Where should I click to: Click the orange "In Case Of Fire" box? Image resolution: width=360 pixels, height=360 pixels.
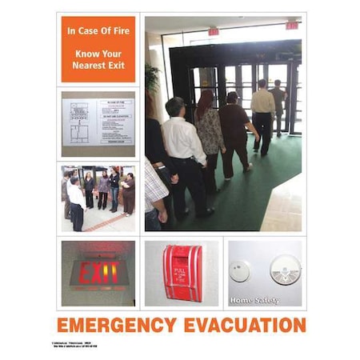pyautogui.click(x=98, y=49)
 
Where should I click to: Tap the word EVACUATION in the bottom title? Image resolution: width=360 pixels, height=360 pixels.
pyautogui.click(x=240, y=326)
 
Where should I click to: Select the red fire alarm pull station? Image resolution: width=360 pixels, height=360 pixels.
pyautogui.click(x=182, y=273)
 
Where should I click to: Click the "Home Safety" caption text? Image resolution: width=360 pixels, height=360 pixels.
pyautogui.click(x=254, y=300)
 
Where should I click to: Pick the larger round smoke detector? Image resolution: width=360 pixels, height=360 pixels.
pyautogui.click(x=284, y=269)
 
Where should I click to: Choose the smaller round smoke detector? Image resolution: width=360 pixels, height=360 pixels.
pyautogui.click(x=239, y=270)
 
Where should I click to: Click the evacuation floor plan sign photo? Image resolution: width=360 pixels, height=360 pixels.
pyautogui.click(x=98, y=122)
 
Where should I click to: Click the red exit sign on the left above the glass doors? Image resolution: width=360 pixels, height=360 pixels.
pyautogui.click(x=214, y=32)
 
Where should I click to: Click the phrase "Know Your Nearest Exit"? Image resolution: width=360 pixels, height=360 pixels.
pyautogui.click(x=98, y=59)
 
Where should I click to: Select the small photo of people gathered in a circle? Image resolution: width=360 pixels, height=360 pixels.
pyautogui.click(x=98, y=198)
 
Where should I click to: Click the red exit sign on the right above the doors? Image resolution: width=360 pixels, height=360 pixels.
pyautogui.click(x=291, y=26)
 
